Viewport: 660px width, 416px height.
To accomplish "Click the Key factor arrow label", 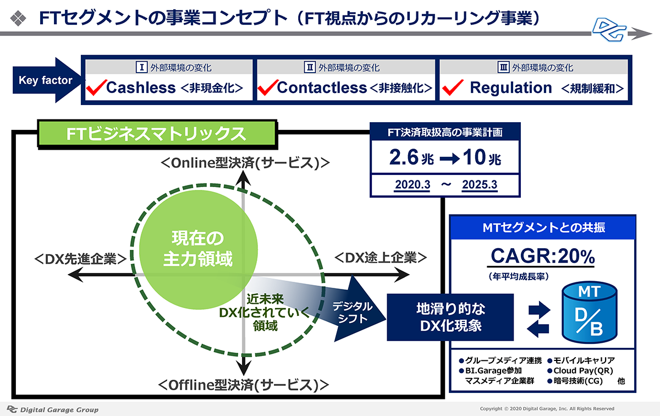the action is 45,80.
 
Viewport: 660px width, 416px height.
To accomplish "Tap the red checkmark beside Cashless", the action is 96,87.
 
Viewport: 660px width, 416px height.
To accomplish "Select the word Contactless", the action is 322,87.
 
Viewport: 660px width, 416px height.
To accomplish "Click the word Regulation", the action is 510,87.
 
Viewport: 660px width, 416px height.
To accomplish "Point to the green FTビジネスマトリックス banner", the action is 157,134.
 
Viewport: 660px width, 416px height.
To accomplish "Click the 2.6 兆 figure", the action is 411,157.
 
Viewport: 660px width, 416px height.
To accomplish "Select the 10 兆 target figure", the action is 482,157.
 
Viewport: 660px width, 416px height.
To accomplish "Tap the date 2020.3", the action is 412,185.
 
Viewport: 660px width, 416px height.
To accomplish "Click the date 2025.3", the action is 480,185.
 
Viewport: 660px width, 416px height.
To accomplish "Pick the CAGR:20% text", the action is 542,256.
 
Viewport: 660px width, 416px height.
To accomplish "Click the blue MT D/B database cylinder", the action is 589,312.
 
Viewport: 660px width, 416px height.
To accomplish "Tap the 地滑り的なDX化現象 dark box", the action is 450,318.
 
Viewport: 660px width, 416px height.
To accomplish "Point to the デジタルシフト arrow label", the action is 353,313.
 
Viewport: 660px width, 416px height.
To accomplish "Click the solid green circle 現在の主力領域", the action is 199,249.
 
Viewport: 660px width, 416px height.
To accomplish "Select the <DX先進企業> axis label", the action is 81,259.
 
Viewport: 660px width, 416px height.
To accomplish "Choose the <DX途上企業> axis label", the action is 381,258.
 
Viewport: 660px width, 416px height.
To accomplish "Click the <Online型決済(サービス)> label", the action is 245,163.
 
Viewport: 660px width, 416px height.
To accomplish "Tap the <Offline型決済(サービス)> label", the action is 243,385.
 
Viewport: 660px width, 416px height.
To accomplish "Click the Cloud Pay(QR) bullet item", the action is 580,370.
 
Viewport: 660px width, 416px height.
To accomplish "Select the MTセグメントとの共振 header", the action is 543,228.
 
